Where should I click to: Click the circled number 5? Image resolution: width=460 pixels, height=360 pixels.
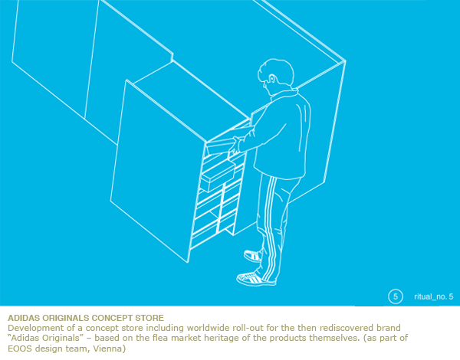pyautogui.click(x=395, y=296)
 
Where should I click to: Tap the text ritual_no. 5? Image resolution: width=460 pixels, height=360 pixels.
pyautogui.click(x=434, y=296)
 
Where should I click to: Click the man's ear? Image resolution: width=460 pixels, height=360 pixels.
pyautogui.click(x=272, y=79)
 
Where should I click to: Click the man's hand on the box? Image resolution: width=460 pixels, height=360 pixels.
pyautogui.click(x=235, y=146)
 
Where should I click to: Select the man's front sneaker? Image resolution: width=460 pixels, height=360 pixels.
pyautogui.click(x=256, y=279)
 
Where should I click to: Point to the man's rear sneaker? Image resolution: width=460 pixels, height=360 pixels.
pyautogui.click(x=253, y=256)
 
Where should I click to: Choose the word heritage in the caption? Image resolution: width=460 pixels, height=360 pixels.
pyautogui.click(x=223, y=339)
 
